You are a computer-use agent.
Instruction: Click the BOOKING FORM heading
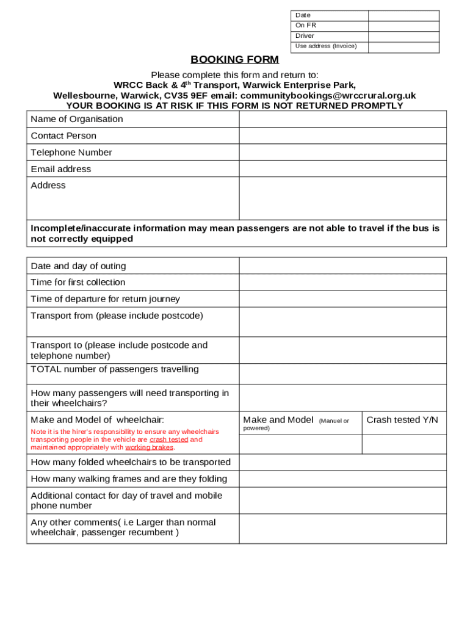(234, 60)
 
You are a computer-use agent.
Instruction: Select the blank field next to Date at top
(403, 15)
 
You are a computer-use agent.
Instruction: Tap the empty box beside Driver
(403, 36)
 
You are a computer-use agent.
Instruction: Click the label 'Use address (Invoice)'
(326, 46)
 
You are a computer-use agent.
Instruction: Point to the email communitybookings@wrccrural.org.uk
(328, 96)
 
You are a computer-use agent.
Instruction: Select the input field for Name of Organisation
(342, 119)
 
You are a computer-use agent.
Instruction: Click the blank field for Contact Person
(342, 135)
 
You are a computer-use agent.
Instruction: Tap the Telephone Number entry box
(342, 153)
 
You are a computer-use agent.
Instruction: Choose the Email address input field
(342, 169)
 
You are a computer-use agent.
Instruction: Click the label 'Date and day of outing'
(78, 266)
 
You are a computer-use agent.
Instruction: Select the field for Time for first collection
(342, 283)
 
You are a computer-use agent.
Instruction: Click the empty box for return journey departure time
(342, 299)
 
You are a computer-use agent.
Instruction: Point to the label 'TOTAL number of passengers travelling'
(115, 369)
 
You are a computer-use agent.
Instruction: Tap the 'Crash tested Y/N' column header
(402, 420)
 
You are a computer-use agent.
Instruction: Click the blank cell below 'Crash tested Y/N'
(404, 444)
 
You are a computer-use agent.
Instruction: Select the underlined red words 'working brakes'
(149, 447)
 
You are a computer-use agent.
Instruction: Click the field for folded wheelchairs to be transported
(342, 462)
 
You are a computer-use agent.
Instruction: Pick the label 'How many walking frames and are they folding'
(129, 479)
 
